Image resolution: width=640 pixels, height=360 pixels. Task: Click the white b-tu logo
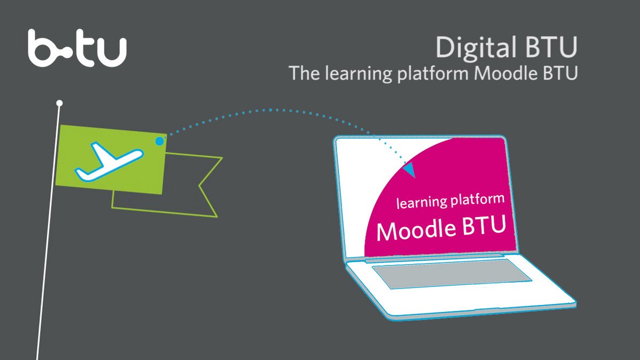(x=77, y=48)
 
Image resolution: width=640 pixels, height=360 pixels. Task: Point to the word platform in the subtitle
(x=433, y=74)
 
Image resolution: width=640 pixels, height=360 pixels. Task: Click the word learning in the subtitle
(x=358, y=74)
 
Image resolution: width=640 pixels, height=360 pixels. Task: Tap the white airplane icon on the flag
(x=109, y=162)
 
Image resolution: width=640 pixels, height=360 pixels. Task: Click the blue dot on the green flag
(x=159, y=141)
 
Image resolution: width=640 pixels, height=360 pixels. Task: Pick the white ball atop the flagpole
(x=59, y=103)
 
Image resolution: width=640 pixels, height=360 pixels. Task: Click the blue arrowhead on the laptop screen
(x=410, y=170)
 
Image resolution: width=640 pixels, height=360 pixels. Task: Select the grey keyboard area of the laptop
(x=451, y=274)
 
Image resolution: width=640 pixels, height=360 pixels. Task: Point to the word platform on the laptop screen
(x=477, y=199)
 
